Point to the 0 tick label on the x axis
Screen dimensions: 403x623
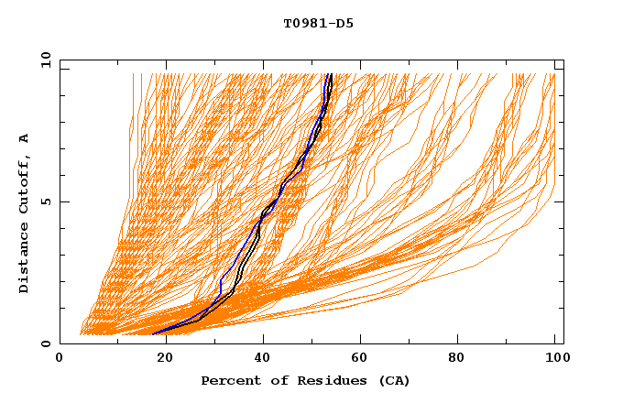[60, 357]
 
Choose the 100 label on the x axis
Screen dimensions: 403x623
[554, 357]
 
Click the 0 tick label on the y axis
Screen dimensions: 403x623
[45, 343]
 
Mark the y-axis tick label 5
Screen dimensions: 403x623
[45, 201]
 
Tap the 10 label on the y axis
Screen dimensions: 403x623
[44, 60]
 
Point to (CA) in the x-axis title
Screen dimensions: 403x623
[392, 380]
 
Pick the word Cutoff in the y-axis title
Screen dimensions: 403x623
[24, 188]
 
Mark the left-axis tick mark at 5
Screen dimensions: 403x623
[63, 201]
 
